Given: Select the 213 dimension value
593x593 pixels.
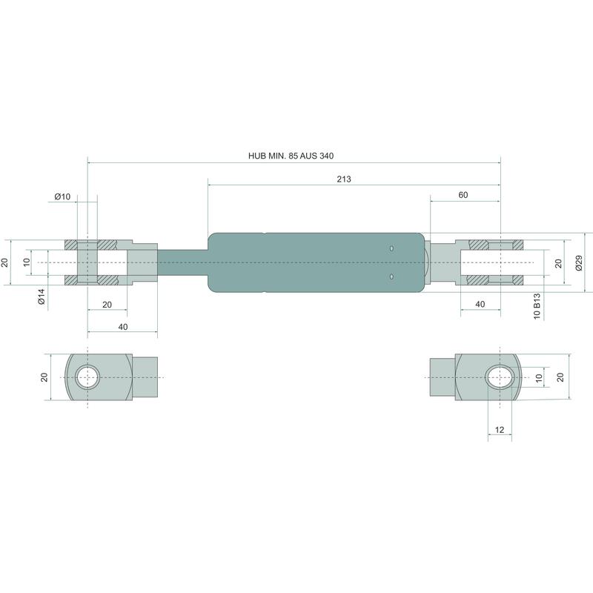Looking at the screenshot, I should coord(343,179).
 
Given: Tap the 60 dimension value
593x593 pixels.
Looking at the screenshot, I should coord(463,195).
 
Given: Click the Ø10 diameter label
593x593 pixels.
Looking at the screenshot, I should coord(62,196).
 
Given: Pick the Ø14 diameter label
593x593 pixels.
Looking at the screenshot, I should coord(42,296).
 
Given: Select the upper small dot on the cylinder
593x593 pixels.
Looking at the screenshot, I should coord(391,250).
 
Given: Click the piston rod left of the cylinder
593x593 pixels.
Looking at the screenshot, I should coord(182,262).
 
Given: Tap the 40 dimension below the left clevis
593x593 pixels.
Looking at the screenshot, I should coord(122,327).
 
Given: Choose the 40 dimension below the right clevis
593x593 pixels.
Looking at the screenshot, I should coord(480,305).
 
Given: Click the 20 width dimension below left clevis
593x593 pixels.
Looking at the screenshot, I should coord(107,305).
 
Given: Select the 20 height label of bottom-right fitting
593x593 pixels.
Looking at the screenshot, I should coord(560,377).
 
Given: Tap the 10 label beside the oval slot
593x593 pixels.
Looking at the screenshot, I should coord(539,377).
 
